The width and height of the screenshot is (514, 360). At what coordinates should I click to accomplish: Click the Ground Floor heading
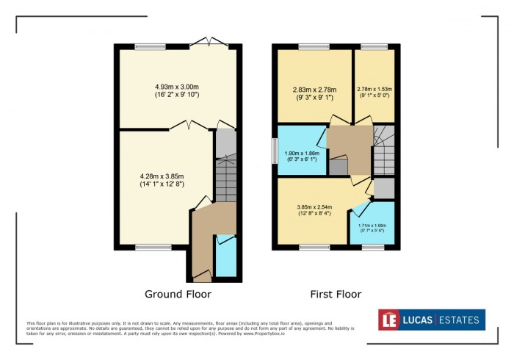point(178,295)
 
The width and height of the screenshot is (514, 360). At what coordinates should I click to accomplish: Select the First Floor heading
point(336,295)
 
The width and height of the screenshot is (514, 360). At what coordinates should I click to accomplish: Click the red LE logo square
point(389,320)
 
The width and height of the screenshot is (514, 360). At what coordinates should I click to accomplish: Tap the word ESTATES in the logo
point(459,320)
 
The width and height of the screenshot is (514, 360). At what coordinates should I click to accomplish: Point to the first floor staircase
point(384,151)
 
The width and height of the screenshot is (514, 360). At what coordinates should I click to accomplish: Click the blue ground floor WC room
point(226,257)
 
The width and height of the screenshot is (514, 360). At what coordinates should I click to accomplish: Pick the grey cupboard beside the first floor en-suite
point(383,189)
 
